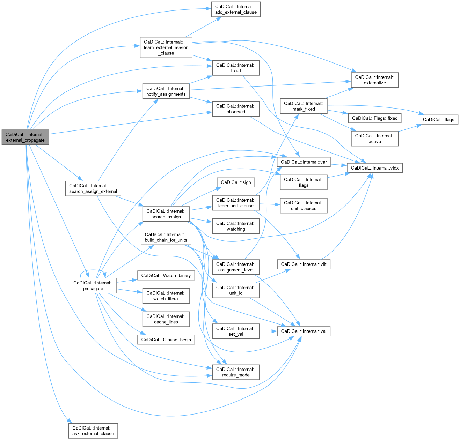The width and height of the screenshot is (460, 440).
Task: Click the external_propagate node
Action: (25, 137)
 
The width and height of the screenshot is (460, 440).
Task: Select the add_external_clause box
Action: (236, 9)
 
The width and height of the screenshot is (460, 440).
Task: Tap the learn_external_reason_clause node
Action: (166, 47)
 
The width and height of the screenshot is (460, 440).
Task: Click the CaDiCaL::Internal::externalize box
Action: (374, 80)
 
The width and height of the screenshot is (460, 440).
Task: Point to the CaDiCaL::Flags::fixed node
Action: (374, 118)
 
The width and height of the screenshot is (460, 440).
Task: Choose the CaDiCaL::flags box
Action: (438, 119)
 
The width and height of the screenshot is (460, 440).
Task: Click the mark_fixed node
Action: (304, 106)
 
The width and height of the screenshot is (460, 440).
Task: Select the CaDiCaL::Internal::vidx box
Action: (374, 168)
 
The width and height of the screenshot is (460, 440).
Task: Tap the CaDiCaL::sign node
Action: (236, 182)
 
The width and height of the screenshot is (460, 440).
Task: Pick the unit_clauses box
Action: (304, 206)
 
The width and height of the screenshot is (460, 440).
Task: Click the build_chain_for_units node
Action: (166, 237)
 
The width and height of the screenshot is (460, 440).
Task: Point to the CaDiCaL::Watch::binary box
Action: (166, 275)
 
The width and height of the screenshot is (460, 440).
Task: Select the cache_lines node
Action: (166, 319)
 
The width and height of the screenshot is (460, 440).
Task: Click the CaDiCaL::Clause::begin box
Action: (166, 340)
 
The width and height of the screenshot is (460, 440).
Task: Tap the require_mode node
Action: (236, 372)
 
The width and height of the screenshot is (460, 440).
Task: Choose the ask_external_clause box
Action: (93, 431)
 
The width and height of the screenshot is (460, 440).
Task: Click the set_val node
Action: (236, 331)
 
